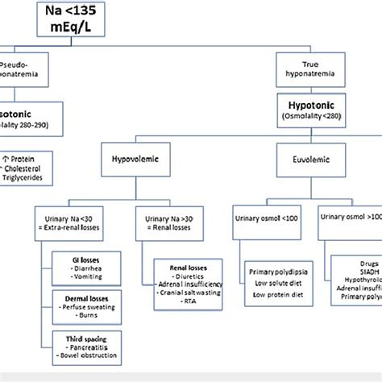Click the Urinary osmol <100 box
[266, 218]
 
